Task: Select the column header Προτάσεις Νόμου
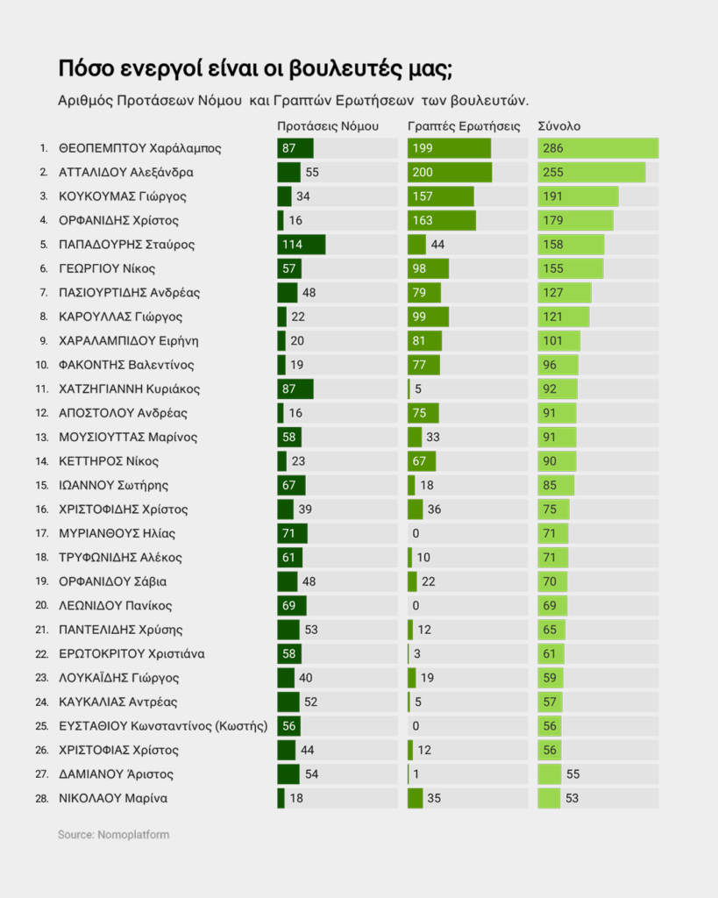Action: (328, 126)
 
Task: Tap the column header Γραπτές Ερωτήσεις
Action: (465, 126)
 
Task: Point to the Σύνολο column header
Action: (559, 126)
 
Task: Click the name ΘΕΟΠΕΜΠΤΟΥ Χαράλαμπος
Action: (139, 148)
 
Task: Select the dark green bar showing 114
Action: (301, 245)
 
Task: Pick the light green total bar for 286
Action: (598, 148)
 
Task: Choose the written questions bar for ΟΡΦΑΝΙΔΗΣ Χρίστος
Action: (442, 220)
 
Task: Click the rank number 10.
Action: (41, 365)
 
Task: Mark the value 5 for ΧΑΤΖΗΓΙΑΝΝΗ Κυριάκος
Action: (418, 388)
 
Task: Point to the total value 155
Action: (553, 268)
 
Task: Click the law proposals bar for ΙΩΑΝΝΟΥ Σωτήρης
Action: (291, 485)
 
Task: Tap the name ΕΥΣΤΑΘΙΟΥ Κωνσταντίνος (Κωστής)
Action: (163, 726)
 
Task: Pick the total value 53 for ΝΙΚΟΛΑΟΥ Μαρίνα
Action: (572, 798)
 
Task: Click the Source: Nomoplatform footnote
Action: (113, 835)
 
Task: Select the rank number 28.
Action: (41, 798)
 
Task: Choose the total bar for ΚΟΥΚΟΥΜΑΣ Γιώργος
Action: (578, 196)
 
